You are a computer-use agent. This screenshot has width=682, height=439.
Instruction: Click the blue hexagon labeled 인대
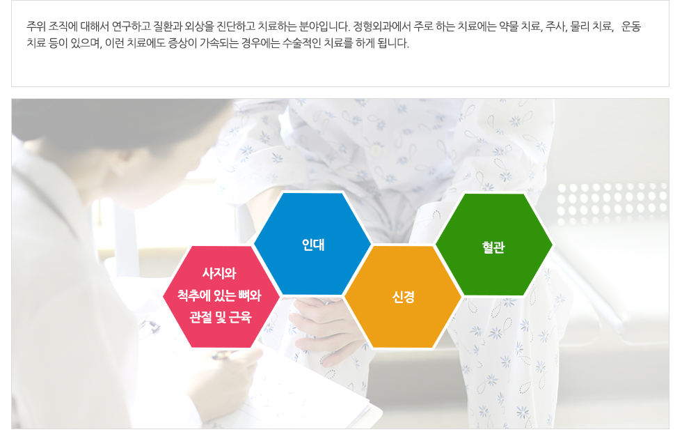click(312, 244)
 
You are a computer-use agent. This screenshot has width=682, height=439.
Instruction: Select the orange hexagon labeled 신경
click(403, 297)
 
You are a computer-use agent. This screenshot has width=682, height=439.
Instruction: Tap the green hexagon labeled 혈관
click(493, 245)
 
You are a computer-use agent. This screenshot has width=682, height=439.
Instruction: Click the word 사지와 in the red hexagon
click(219, 273)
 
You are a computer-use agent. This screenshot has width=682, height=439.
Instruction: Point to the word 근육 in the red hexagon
click(239, 316)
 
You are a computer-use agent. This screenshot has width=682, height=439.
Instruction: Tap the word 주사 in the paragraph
click(556, 26)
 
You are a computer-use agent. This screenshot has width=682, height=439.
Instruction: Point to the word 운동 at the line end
click(631, 26)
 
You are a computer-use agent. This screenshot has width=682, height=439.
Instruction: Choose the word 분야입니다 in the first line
click(324, 26)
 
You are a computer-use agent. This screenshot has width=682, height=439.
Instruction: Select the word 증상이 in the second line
click(182, 43)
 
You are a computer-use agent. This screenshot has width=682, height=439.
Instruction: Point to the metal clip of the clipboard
click(149, 327)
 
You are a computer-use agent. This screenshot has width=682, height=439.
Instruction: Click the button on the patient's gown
click(375, 151)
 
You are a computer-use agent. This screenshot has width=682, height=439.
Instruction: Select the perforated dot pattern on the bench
click(612, 203)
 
